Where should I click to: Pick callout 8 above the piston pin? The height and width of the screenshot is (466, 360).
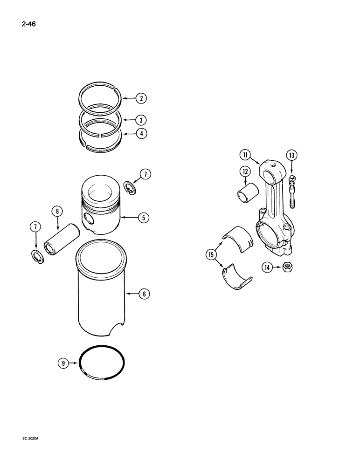[x=57, y=211]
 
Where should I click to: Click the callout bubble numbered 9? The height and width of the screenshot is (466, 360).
[x=62, y=362]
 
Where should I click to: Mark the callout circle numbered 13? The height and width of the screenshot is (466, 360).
[x=291, y=156]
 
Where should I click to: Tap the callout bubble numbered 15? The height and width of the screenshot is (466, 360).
[x=211, y=254]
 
